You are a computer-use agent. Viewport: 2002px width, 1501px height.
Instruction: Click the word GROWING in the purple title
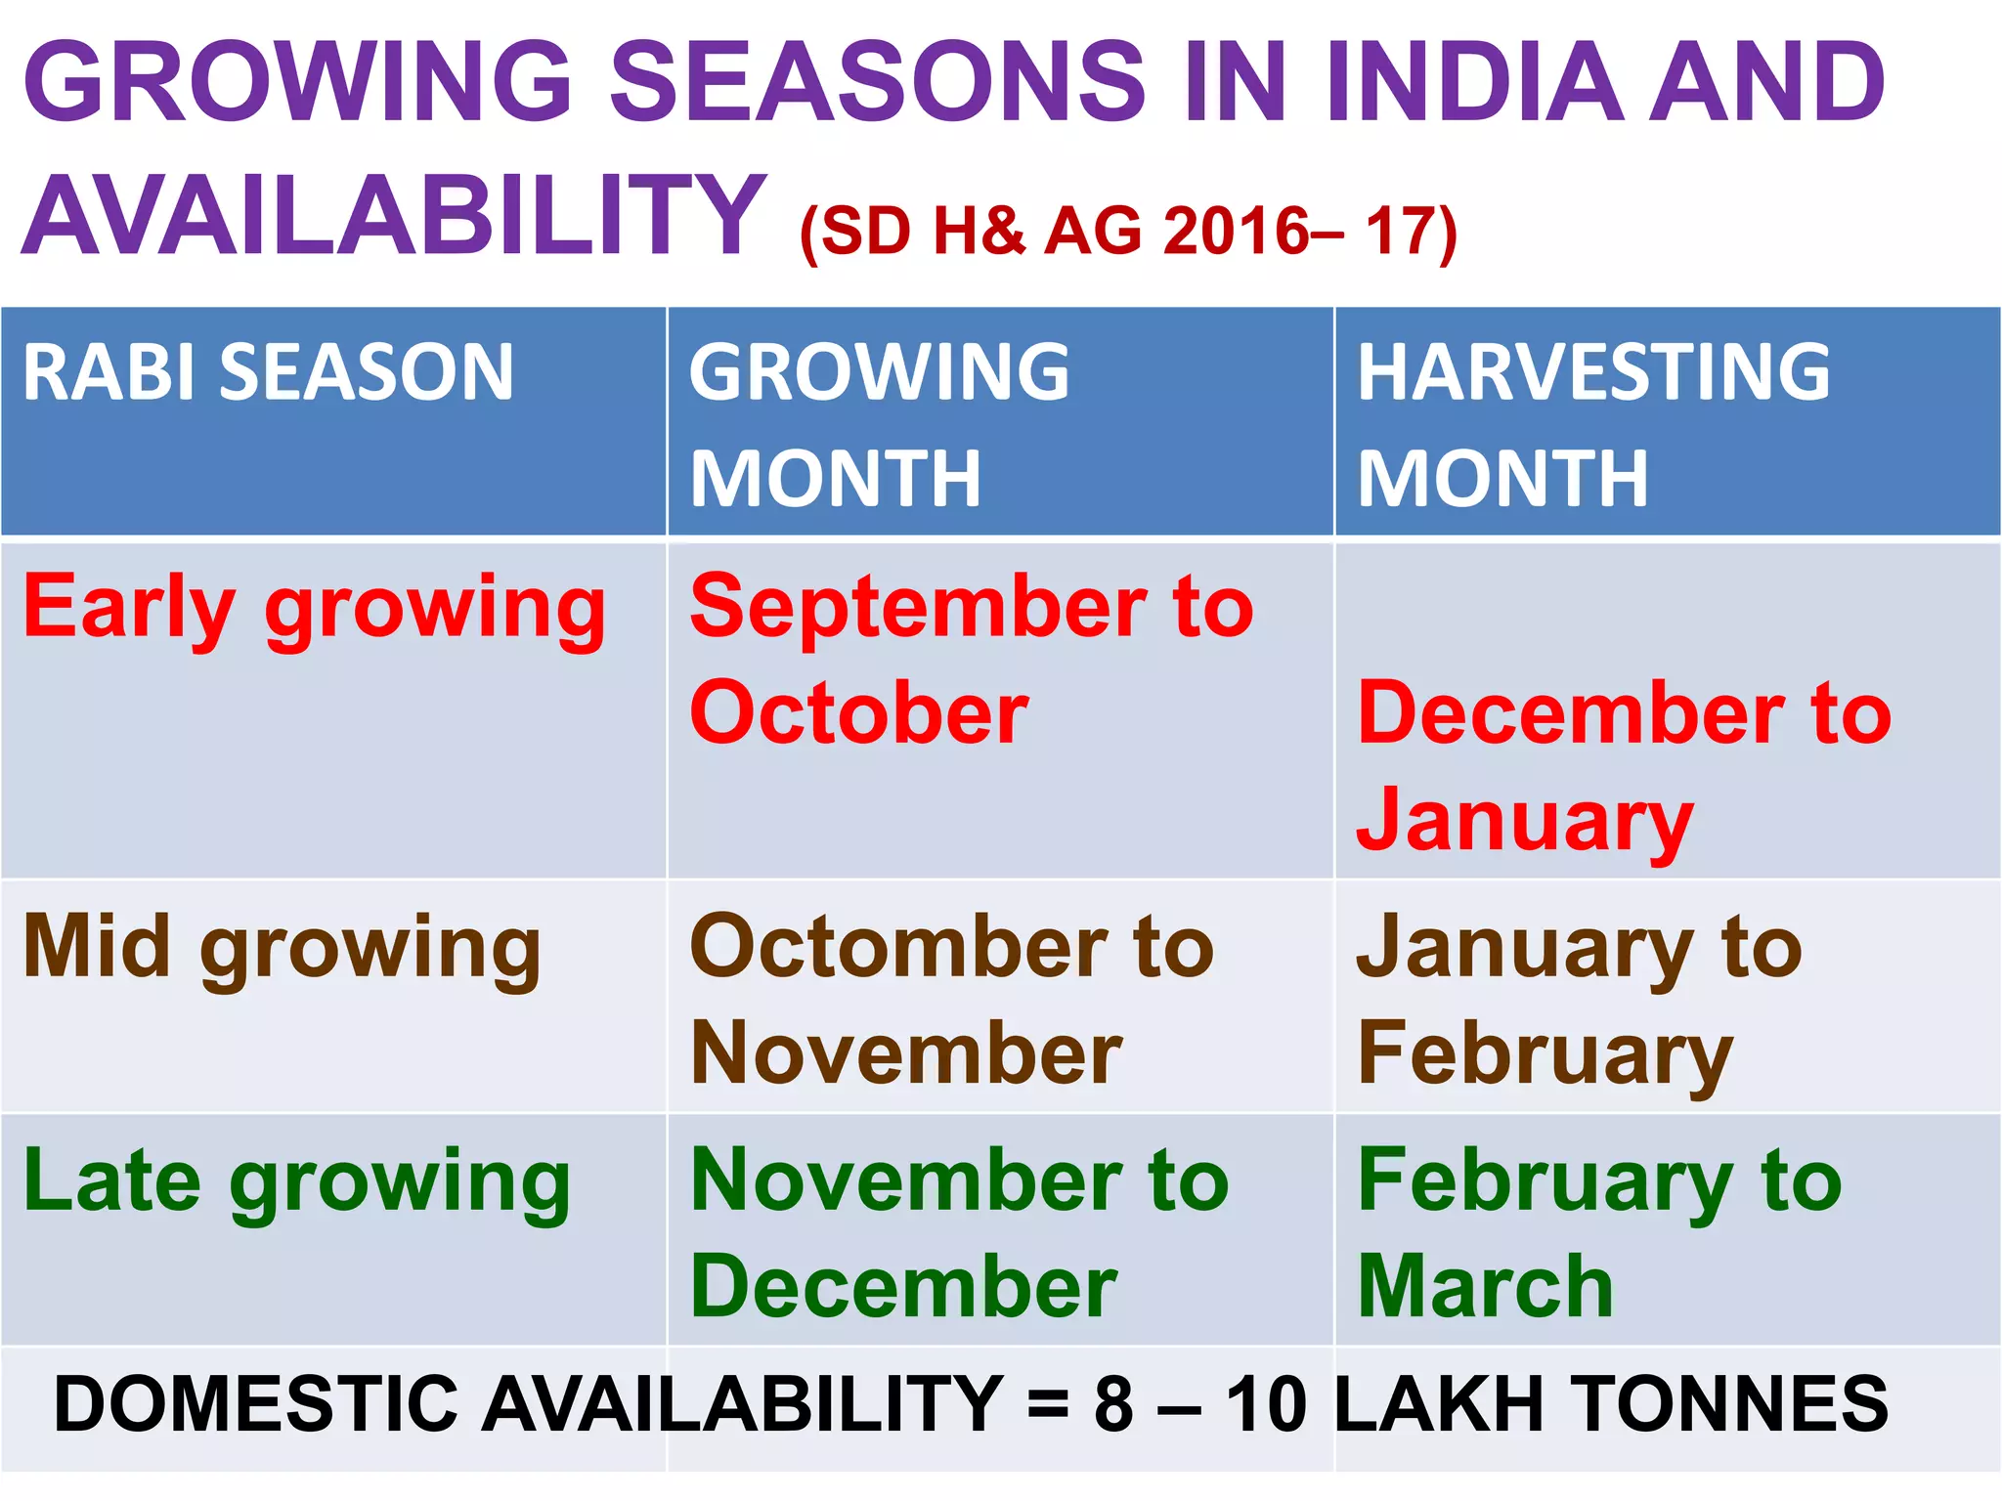click(x=298, y=82)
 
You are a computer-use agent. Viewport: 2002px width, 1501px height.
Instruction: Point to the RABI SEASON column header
click(x=268, y=373)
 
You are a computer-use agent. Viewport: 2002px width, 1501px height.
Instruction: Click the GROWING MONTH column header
click(x=880, y=425)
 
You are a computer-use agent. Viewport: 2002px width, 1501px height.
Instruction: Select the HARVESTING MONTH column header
click(x=1593, y=425)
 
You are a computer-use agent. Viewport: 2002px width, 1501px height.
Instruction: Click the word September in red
click(x=919, y=608)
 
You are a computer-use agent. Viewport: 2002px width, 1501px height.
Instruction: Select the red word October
click(x=858, y=713)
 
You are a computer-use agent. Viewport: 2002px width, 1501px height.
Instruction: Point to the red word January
click(x=1525, y=821)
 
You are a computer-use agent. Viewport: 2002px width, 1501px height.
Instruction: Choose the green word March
click(x=1486, y=1288)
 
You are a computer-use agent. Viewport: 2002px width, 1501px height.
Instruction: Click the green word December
click(x=903, y=1288)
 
